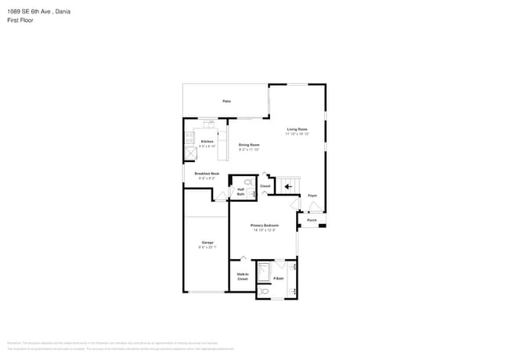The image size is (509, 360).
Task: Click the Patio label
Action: click(226, 101)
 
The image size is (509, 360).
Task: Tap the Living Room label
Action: click(297, 129)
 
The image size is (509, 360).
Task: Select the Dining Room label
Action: click(249, 145)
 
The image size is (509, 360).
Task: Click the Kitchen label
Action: click(207, 142)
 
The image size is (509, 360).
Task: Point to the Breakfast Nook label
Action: click(207, 174)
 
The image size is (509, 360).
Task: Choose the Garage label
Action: click(207, 243)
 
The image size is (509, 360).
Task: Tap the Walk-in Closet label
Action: click(243, 275)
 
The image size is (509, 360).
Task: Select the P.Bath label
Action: click(278, 279)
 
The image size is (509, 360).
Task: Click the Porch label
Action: click(312, 221)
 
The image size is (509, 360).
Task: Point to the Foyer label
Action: click(312, 195)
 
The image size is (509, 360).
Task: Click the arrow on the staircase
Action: click(287, 187)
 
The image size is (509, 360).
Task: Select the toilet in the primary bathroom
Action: click(265, 291)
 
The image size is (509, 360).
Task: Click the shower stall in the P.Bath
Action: click(265, 272)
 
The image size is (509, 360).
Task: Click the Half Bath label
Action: click(240, 192)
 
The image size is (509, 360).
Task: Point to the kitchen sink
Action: click(208, 123)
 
